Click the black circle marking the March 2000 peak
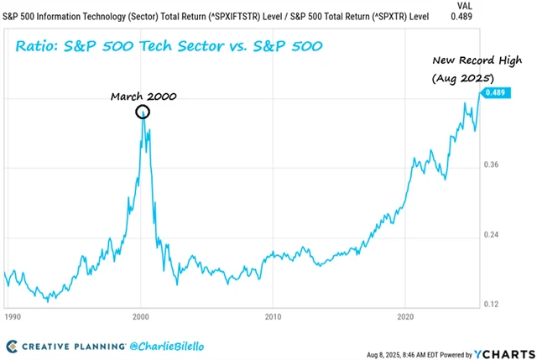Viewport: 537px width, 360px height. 143,112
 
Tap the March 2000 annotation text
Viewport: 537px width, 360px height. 144,96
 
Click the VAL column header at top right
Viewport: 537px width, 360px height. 499,4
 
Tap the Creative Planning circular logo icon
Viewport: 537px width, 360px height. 12,344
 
